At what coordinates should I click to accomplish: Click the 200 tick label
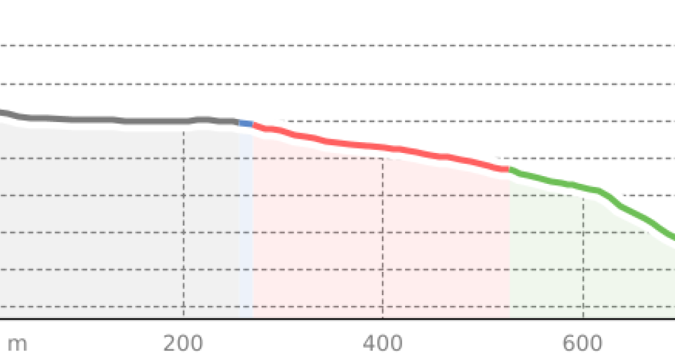point(183,343)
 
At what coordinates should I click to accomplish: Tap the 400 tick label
point(382,343)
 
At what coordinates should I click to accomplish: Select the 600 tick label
point(582,343)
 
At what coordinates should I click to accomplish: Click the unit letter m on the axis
point(17,343)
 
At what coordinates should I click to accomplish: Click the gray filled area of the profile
point(116,225)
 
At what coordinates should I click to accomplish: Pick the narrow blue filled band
point(246,225)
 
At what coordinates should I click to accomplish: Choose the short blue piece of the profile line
point(246,123)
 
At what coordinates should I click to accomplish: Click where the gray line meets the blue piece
point(240,122)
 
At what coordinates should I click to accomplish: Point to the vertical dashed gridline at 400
point(383,257)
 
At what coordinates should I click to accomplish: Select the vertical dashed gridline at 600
point(583,270)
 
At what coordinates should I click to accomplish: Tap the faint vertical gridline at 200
point(183,225)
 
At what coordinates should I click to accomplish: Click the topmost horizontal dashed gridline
point(321,46)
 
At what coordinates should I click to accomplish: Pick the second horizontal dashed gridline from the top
point(321,84)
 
